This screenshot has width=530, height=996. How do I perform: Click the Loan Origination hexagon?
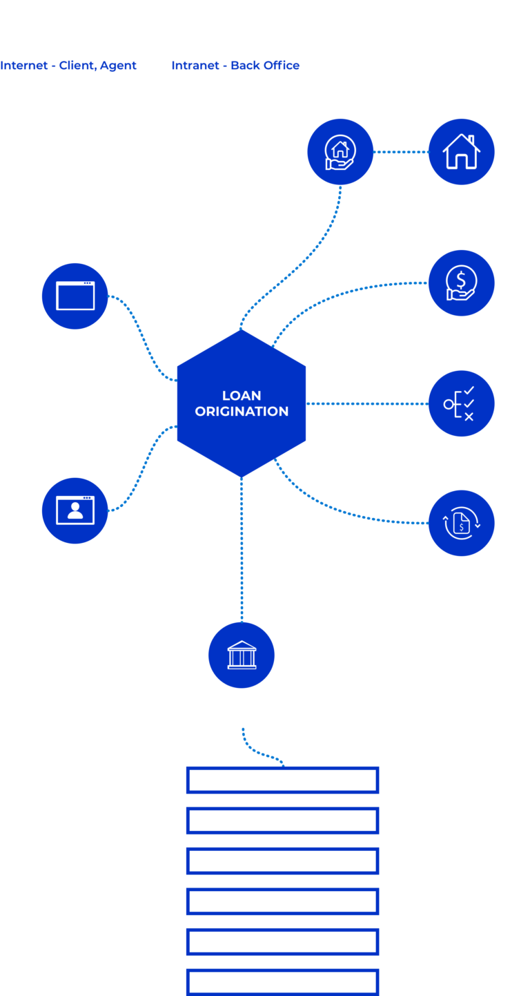[x=242, y=403]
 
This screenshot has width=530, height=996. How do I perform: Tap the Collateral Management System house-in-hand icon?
[x=340, y=151]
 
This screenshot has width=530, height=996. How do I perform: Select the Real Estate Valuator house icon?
[x=461, y=151]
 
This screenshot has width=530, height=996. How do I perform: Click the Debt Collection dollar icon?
[x=461, y=283]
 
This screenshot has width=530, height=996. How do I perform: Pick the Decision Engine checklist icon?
[x=461, y=403]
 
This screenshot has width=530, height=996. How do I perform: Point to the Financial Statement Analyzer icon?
[x=461, y=523]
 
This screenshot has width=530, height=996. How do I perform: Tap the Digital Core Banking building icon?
[x=242, y=655]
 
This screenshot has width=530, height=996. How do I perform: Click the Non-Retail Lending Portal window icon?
[x=75, y=296]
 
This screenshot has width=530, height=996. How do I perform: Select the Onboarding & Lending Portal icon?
[x=75, y=510]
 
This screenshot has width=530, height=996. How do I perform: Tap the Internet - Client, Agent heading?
[x=68, y=66]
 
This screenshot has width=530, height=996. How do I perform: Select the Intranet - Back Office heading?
[x=235, y=66]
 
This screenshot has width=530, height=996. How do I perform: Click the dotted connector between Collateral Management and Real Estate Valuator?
[x=401, y=151]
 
